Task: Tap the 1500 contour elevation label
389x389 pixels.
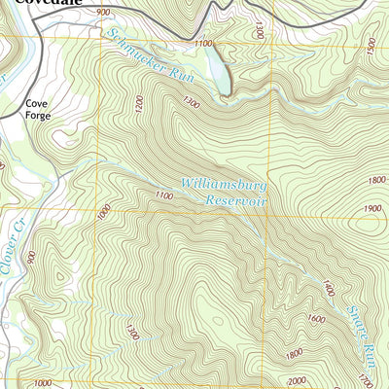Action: (373, 45)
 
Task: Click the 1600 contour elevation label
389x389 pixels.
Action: (314, 317)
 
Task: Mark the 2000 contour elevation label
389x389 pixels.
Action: (296, 380)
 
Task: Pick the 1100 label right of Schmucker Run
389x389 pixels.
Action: (202, 44)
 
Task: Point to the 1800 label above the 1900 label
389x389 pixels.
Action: (376, 180)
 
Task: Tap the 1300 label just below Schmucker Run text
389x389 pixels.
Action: (191, 103)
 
